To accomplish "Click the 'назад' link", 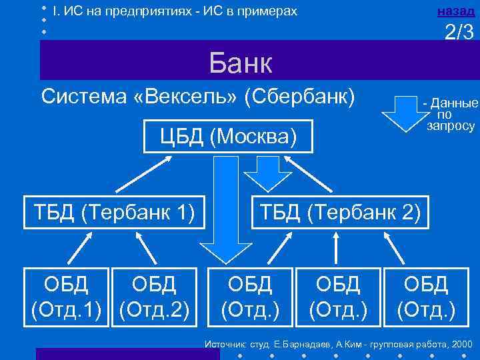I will point(457,11).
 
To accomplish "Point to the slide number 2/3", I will point(461,32).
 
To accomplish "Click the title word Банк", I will point(241,65).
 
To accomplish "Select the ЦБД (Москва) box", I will point(227,137).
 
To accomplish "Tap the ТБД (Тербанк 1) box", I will point(113,213).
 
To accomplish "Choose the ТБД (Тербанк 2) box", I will point(341,213).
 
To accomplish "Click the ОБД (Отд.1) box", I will point(66,297).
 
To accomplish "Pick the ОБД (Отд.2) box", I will point(154,297).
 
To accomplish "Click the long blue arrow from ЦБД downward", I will point(224,207).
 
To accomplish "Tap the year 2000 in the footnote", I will point(461,344).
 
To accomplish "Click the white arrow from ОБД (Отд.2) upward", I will point(147,249).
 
